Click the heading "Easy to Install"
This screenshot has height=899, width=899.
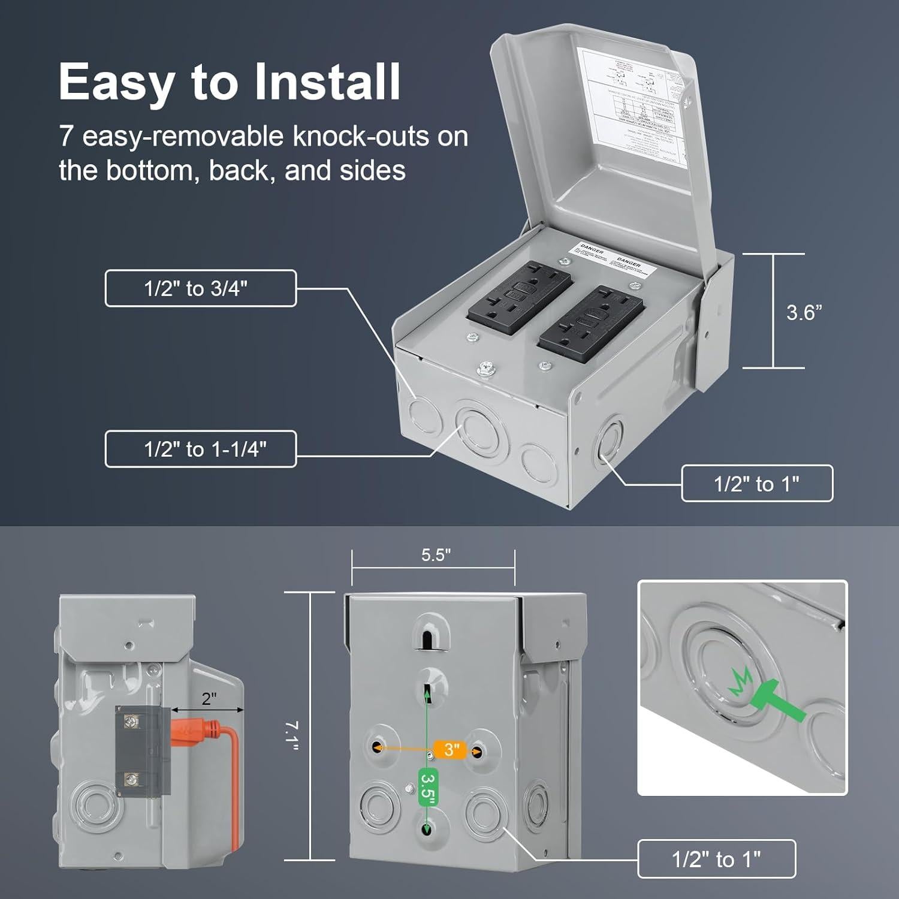pos(230,82)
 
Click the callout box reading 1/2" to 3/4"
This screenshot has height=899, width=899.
pos(200,288)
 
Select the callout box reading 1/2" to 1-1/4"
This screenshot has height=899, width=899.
pos(200,449)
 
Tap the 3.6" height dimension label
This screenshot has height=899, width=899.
pos(804,312)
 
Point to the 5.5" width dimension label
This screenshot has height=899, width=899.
pos(436,555)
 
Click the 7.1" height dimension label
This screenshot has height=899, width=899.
pos(292,735)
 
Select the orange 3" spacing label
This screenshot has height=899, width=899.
pos(452,749)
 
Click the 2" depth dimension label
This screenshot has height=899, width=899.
pos(209,699)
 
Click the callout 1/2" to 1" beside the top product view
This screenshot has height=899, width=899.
pos(756,483)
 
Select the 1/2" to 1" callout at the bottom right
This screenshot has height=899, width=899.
pos(716,859)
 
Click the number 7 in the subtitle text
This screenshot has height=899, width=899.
pos(66,137)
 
